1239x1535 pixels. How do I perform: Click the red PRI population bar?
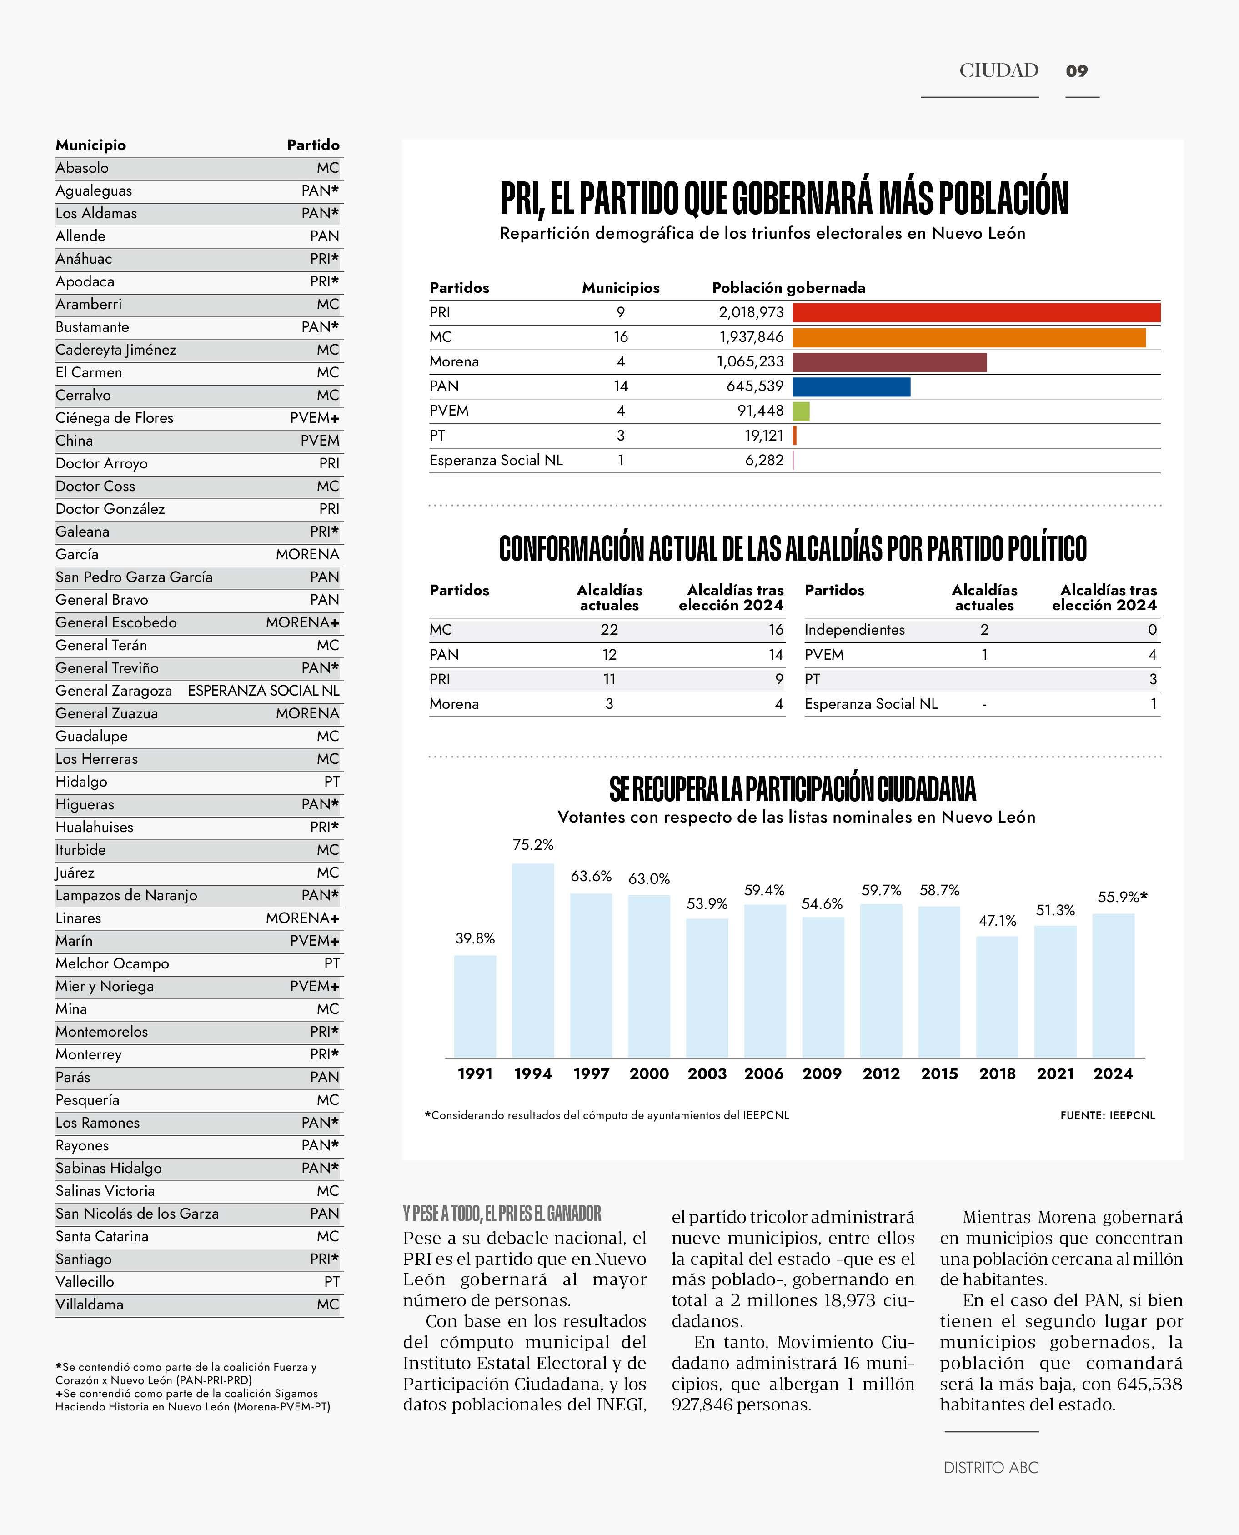click(976, 312)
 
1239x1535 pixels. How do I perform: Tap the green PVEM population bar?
click(801, 411)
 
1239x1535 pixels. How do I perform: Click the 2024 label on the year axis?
click(1113, 1074)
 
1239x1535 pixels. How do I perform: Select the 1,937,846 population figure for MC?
click(751, 337)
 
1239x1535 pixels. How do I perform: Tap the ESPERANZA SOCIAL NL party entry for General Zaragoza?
click(263, 691)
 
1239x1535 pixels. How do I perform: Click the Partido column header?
click(313, 145)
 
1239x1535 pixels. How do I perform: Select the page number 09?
click(1076, 70)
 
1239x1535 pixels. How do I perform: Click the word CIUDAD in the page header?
click(998, 70)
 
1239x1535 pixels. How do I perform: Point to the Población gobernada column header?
click(788, 288)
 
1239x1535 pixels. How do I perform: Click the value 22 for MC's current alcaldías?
click(609, 629)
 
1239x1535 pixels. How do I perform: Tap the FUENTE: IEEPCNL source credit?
click(1107, 1115)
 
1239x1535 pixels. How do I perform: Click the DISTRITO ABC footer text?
click(991, 1468)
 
